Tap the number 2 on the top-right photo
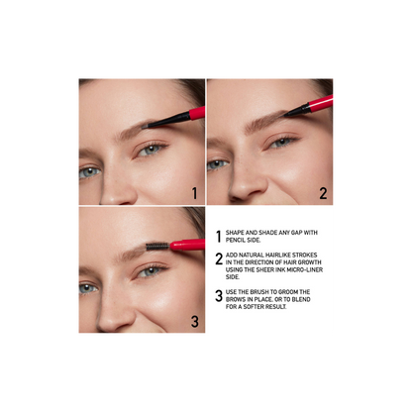(323, 193)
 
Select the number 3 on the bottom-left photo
(193, 321)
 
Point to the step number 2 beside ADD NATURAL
(219, 259)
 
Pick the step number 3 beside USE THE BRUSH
(219, 296)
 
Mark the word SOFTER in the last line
(245, 308)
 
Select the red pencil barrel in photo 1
(196, 113)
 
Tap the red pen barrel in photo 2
(323, 103)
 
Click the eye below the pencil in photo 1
(150, 150)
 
